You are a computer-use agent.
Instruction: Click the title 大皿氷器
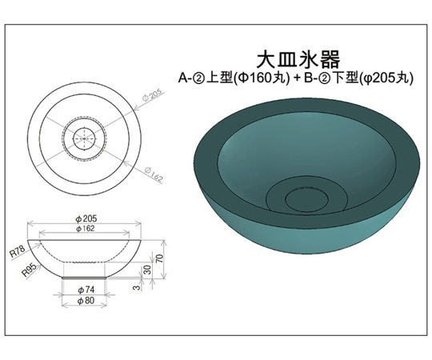pos(298,59)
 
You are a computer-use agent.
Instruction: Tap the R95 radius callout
pos(30,272)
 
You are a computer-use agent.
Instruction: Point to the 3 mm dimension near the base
pos(137,283)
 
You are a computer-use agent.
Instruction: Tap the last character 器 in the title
pos(330,59)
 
